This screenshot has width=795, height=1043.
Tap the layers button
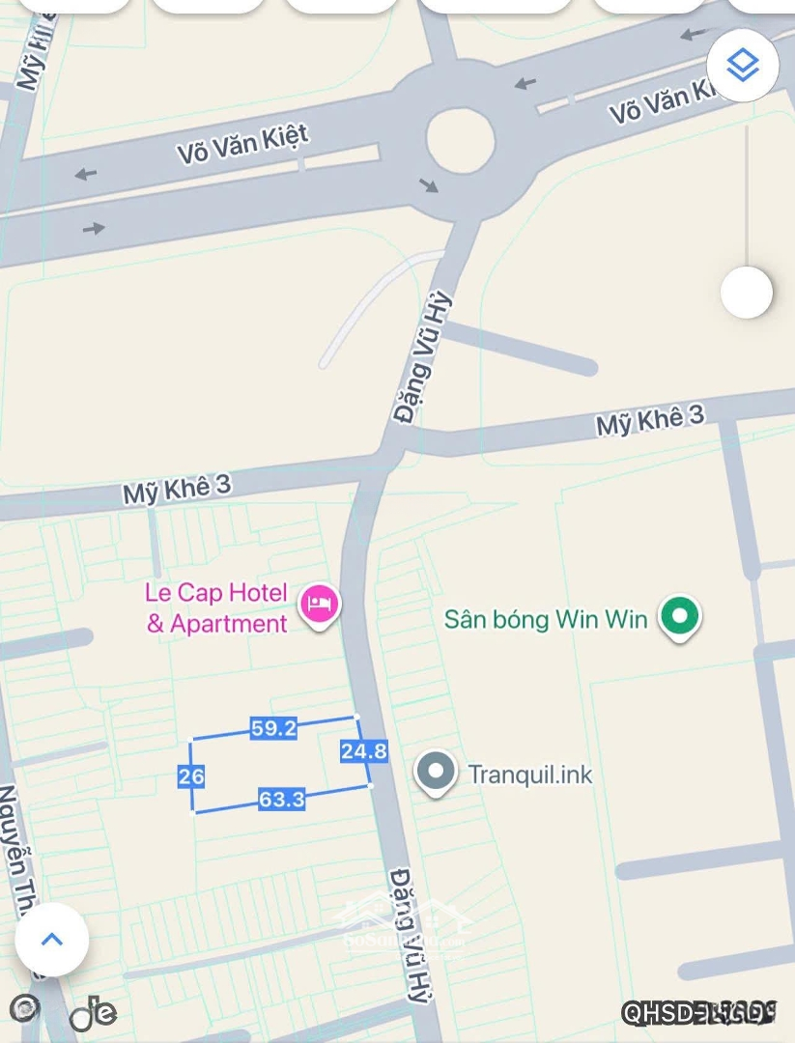[x=743, y=66]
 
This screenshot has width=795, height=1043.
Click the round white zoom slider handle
[x=747, y=292]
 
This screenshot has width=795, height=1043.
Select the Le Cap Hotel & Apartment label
[x=216, y=607]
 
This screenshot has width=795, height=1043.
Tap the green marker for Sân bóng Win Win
[x=680, y=616]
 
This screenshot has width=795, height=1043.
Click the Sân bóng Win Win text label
[x=546, y=618]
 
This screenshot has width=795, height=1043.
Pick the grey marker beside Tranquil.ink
[x=437, y=773]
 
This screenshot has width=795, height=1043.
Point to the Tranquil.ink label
[x=530, y=774]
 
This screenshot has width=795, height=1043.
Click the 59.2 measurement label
[x=273, y=728]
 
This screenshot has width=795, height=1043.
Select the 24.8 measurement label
[x=364, y=750]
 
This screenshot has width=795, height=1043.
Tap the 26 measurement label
[x=191, y=775]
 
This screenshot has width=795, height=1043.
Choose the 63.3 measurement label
[x=282, y=799]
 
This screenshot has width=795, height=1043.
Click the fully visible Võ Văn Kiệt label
[x=243, y=142]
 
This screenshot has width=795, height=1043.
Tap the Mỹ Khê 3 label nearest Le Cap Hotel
[x=177, y=489]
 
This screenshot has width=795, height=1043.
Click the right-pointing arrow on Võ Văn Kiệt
[x=94, y=228]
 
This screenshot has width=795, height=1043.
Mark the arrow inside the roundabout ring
[x=429, y=183]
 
